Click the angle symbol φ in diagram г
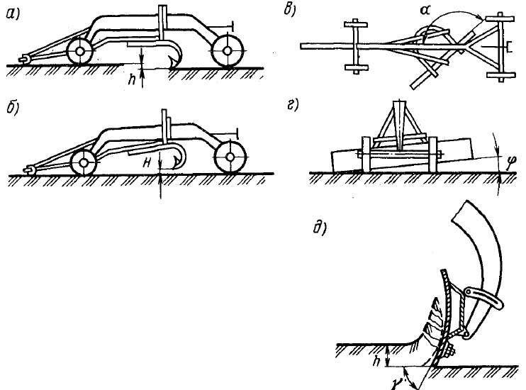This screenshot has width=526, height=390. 500,167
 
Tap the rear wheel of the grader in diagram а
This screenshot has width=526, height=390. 225,51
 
